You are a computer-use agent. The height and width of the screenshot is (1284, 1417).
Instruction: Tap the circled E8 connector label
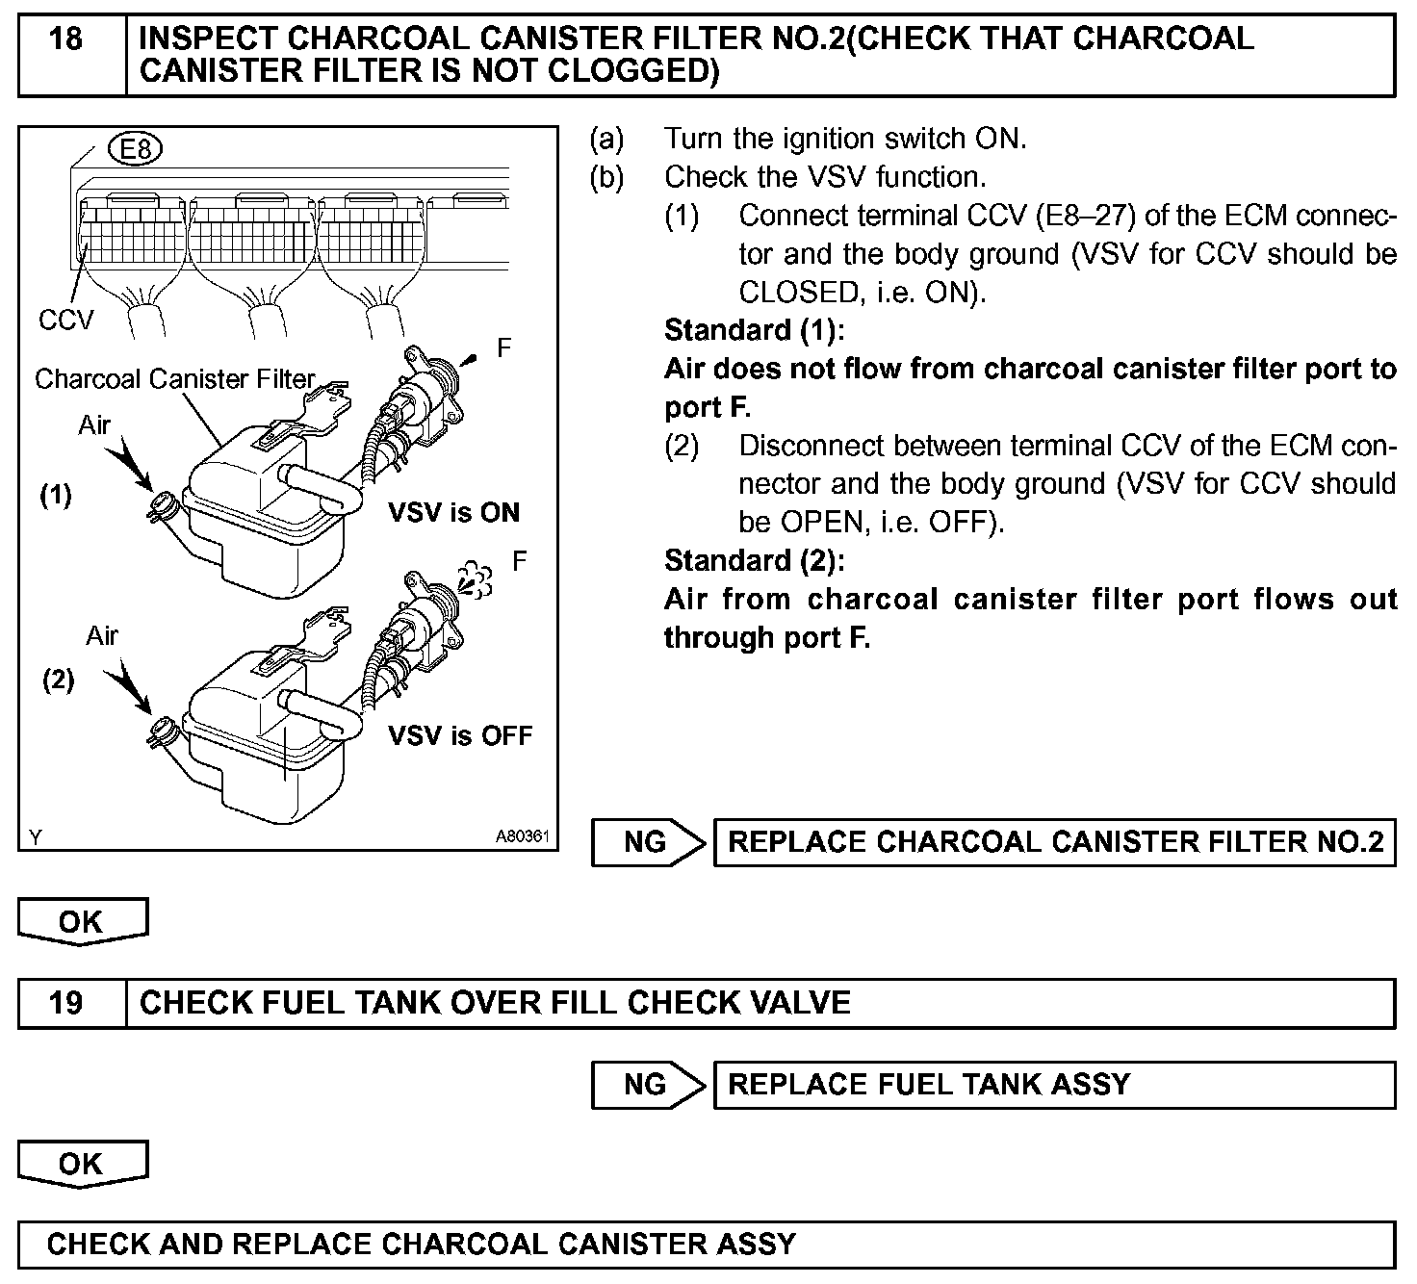point(137,149)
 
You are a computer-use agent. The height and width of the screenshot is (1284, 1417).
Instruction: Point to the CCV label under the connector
point(65,320)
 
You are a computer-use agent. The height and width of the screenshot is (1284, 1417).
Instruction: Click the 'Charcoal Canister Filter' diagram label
point(175,379)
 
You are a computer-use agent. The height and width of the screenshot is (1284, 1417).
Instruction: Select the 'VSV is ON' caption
point(453,512)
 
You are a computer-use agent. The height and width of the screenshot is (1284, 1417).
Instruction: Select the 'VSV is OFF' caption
point(459,736)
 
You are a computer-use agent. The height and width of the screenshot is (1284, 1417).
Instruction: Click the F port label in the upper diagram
point(503,348)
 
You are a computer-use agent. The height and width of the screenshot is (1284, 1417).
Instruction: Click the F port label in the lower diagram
point(519,561)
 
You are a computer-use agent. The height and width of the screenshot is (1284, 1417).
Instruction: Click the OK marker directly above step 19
point(82,921)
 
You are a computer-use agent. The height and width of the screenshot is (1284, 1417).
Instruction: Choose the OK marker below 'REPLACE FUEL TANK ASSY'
point(82,1164)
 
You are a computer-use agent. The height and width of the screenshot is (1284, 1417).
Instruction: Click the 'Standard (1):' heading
point(754,330)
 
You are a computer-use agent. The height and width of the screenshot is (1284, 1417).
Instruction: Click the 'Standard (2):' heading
point(754,560)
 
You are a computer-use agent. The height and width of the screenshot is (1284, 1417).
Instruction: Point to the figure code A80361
point(522,837)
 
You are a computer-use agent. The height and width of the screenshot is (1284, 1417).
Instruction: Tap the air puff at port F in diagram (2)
point(475,578)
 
